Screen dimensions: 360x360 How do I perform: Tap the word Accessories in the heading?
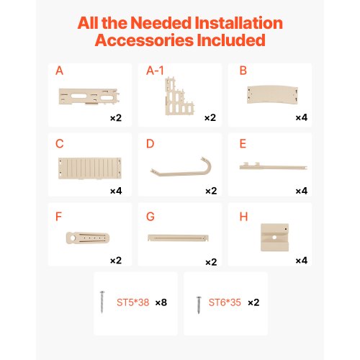(145, 40)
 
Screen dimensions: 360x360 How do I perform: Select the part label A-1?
(155, 71)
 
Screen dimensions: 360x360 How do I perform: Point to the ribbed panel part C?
(90, 168)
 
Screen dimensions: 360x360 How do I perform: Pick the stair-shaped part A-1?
(179, 96)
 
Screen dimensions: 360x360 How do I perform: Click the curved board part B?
(272, 94)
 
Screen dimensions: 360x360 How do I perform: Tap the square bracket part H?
(274, 238)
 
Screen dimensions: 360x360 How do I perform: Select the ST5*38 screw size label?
(133, 302)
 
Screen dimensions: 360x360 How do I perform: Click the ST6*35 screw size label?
(225, 302)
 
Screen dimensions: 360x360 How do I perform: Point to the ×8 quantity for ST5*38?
(161, 302)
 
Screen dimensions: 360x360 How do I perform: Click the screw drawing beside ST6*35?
(199, 305)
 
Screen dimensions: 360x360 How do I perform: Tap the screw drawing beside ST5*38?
(102, 302)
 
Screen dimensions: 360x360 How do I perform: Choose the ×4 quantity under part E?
(302, 191)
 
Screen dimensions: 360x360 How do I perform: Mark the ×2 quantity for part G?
(211, 262)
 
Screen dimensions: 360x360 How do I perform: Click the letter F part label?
(58, 217)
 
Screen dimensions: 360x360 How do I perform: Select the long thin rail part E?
(274, 166)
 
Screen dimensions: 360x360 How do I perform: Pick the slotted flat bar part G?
(178, 238)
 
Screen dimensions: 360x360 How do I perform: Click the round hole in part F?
(73, 238)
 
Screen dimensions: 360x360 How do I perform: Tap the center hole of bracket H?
(274, 238)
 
